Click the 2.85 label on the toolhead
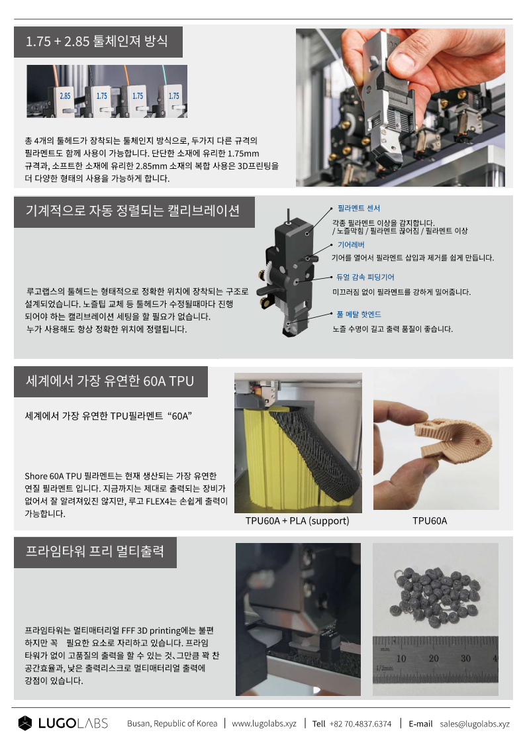pos(65,96)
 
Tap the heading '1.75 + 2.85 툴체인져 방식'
pos(97,41)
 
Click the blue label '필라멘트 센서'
pos(359,208)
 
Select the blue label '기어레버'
pos(351,244)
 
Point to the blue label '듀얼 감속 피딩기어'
pos(365,277)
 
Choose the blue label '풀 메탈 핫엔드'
pos(359,314)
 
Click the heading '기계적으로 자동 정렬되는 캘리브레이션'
pos(132,211)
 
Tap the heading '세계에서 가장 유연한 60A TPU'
pos(110,381)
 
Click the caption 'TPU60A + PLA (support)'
pos(297,520)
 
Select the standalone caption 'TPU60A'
pos(430,520)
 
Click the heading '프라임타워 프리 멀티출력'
pos(95,551)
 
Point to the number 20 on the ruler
pos(434,658)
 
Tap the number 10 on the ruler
pos(401,658)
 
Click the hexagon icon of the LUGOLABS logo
pos(25,723)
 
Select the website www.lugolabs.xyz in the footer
pos(264,724)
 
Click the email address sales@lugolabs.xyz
pos(475,724)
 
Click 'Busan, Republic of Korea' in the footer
pos(172,724)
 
